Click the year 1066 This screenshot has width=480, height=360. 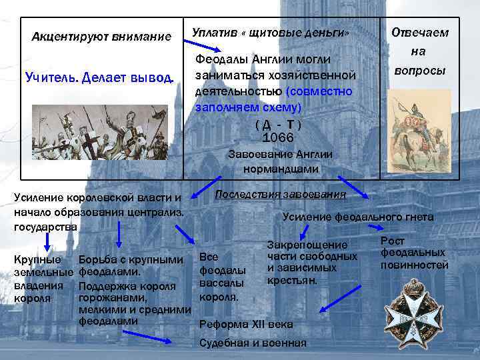click(x=278, y=137)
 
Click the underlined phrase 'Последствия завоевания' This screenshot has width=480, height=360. click(x=280, y=194)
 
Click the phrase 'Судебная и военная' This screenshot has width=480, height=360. click(x=253, y=343)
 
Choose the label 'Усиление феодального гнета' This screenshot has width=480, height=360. click(x=357, y=217)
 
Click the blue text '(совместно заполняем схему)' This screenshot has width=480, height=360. click(x=274, y=98)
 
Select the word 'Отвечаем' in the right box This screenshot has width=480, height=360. click(x=419, y=33)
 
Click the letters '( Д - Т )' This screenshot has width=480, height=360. click(x=278, y=125)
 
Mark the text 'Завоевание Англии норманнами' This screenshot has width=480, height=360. click(x=280, y=161)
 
